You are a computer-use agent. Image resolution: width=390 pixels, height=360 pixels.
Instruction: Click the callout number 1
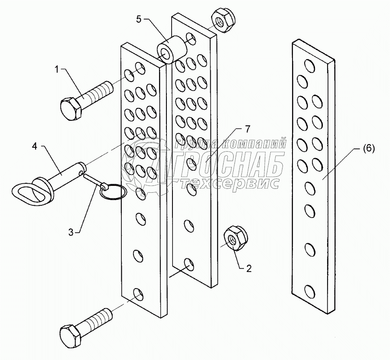coord(56,68)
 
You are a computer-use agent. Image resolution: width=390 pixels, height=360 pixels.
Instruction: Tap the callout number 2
coord(249,269)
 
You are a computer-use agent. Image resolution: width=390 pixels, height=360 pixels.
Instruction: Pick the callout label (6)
coord(367,148)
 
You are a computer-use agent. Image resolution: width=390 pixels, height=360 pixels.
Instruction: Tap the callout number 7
coord(247,128)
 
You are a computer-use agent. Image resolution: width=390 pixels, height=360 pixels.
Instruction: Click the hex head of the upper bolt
coord(71,109)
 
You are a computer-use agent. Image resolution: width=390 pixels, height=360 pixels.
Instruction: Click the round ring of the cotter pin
coord(113,193)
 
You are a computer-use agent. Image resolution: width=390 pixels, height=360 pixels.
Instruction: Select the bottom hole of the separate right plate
coord(309,291)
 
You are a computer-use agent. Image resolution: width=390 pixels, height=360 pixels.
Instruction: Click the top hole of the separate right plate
coord(309,65)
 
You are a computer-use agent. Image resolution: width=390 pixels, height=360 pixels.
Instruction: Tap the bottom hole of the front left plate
coord(138,295)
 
